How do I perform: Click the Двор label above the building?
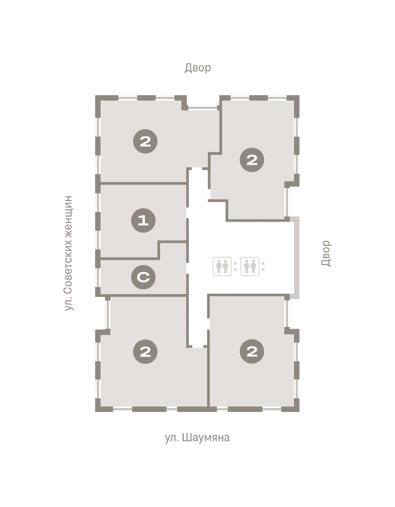click(198, 68)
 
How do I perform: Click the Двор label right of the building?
click(326, 253)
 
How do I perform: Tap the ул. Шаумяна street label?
click(197, 438)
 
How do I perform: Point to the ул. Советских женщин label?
click(68, 253)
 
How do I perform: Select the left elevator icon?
click(222, 267)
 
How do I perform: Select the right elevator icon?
click(250, 267)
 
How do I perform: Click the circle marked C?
click(143, 277)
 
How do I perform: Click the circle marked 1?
click(143, 220)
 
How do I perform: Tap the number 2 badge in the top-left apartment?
click(145, 142)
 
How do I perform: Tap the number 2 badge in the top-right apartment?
click(252, 160)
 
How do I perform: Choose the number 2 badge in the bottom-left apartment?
click(145, 352)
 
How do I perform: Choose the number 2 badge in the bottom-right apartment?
click(252, 352)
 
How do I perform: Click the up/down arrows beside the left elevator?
click(235, 267)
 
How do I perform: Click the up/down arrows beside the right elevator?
click(263, 267)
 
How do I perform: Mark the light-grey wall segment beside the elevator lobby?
click(296, 258)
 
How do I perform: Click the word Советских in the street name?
click(68, 266)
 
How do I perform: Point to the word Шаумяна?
click(206, 438)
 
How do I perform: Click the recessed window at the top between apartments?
click(202, 108)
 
